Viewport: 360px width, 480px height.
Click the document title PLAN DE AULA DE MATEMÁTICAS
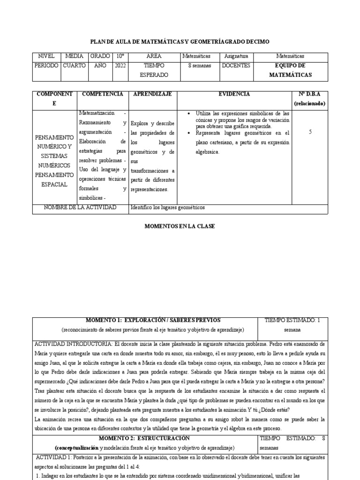[180, 42]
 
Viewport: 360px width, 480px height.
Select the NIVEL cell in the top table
[46, 57]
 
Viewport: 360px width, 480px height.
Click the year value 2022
[120, 66]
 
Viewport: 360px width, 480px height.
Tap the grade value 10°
[120, 57]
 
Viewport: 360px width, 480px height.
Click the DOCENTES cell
[236, 66]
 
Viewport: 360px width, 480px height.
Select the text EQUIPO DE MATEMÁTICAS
[290, 70]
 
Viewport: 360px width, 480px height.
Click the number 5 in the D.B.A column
[310, 132]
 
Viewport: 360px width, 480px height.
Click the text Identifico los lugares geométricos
[168, 208]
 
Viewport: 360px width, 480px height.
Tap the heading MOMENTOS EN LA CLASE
[180, 226]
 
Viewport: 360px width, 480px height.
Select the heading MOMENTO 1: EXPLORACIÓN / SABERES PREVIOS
[145, 321]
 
